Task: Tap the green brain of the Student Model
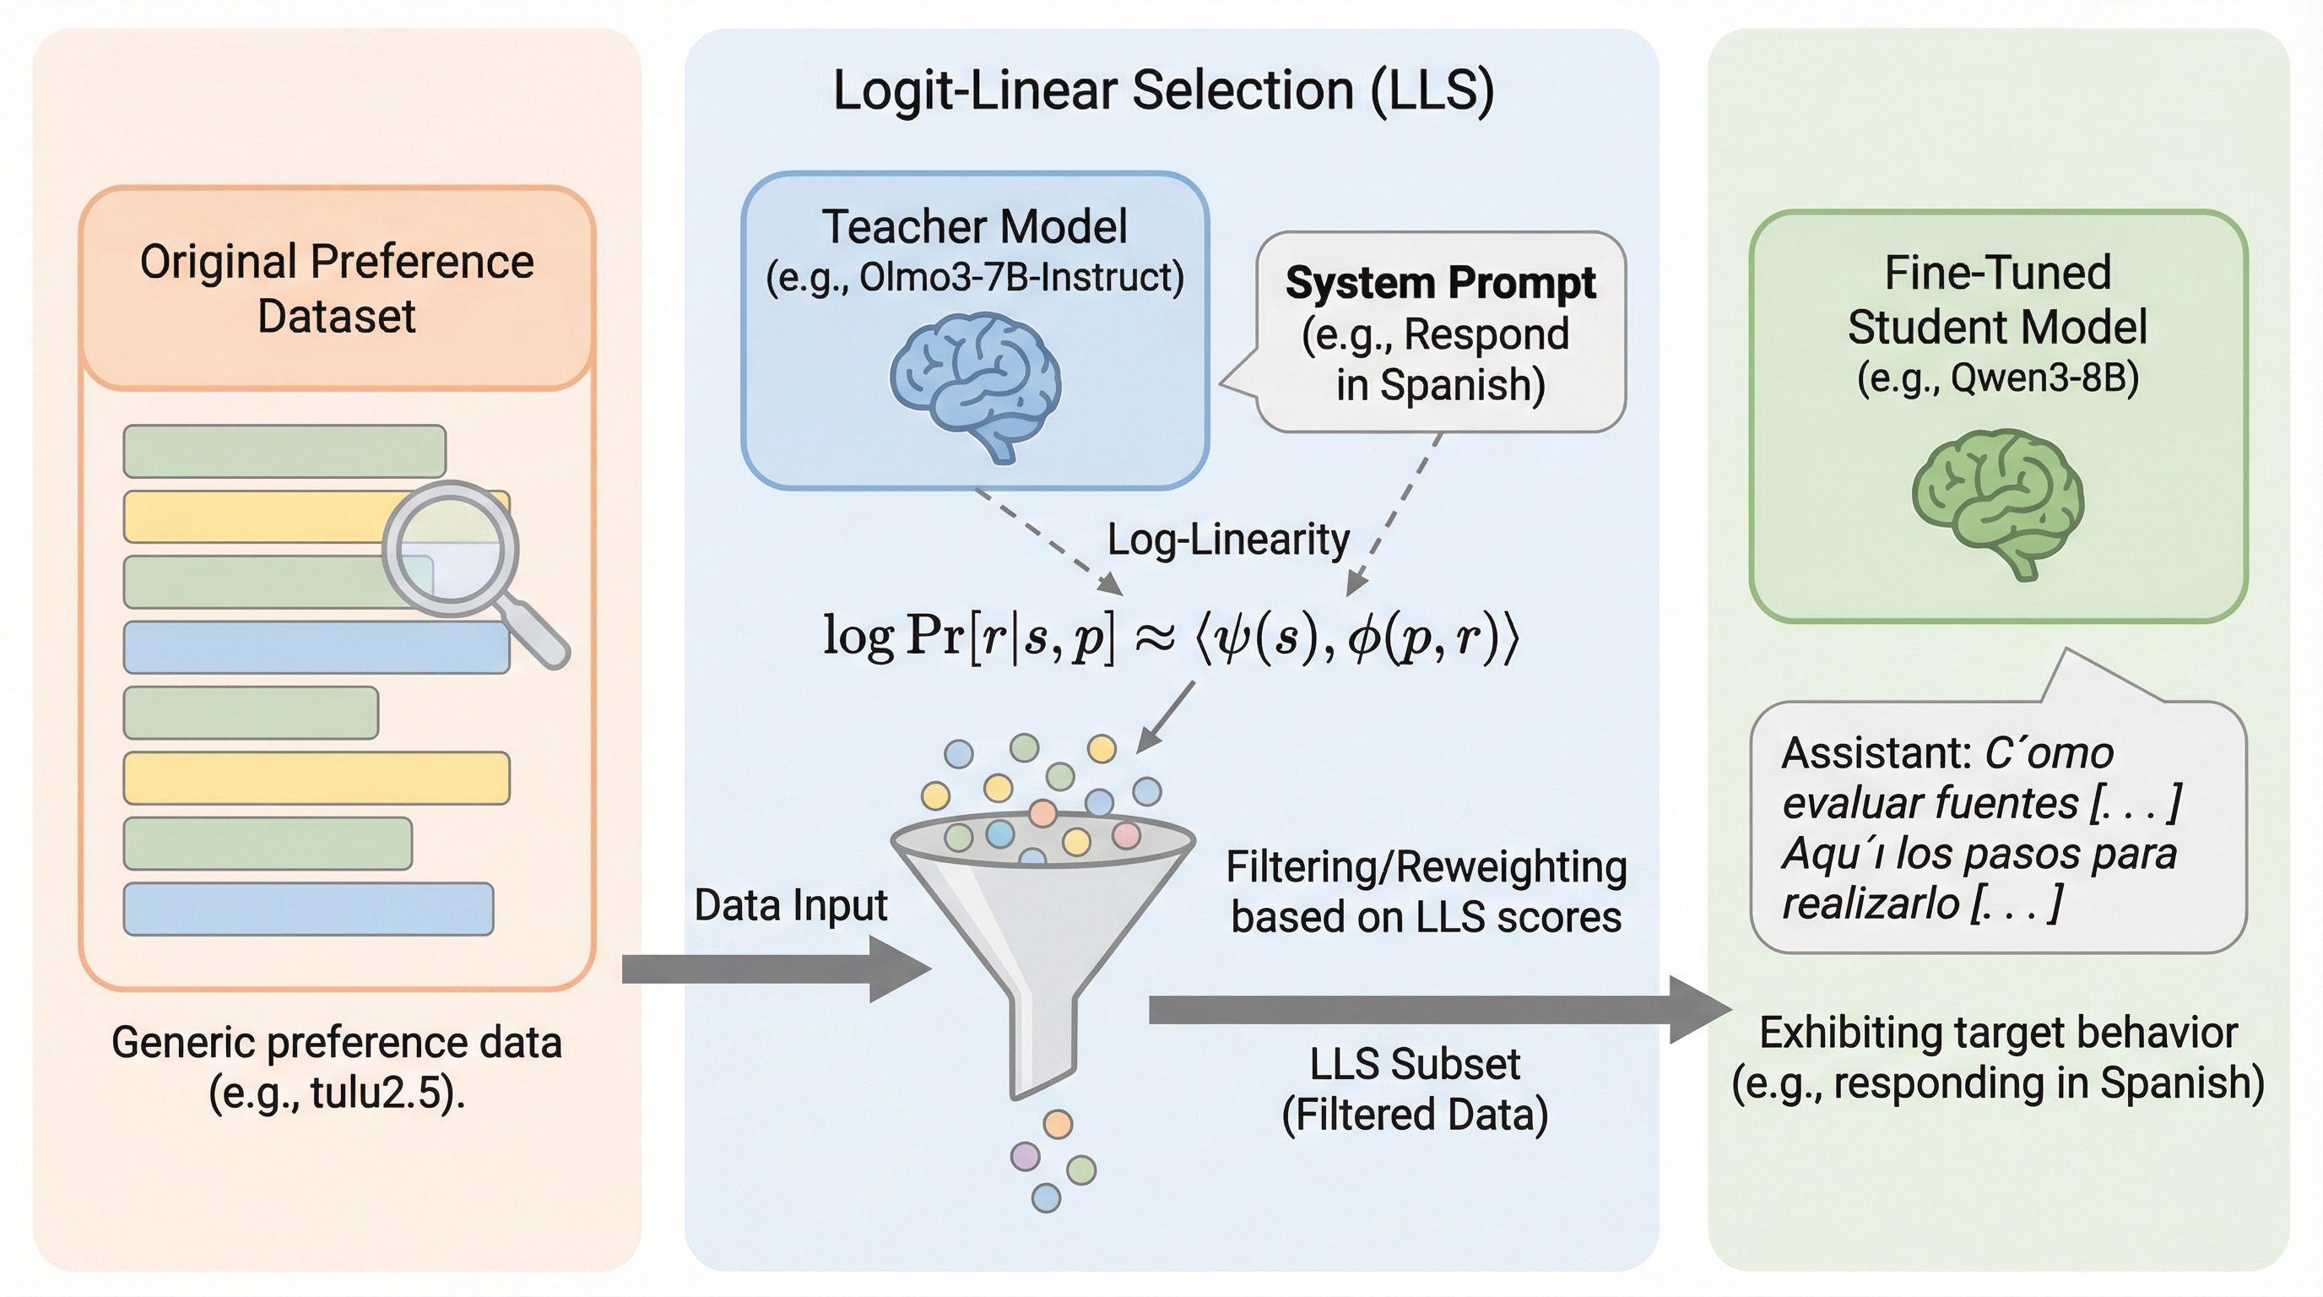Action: [x=1997, y=501]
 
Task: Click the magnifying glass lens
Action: [x=450, y=548]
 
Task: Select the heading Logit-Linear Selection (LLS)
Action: [x=1163, y=90]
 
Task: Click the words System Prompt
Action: [x=1440, y=283]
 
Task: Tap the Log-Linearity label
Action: [x=1227, y=540]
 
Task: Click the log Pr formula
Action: [x=1171, y=637]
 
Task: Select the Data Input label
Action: [x=791, y=904]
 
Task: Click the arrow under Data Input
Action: [x=776, y=969]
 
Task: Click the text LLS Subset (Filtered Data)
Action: [x=1414, y=1088]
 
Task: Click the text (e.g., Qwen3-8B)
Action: [x=1997, y=378]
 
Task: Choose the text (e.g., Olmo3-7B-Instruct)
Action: [x=975, y=278]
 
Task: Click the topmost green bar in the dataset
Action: [x=284, y=451]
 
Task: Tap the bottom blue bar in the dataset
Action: [x=307, y=909]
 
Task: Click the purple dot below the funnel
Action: [x=1026, y=1155]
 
